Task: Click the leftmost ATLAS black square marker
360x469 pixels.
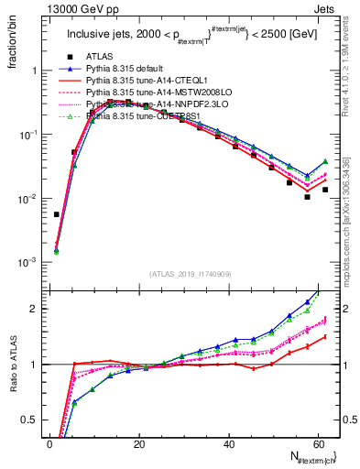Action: pyautogui.click(x=57, y=214)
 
